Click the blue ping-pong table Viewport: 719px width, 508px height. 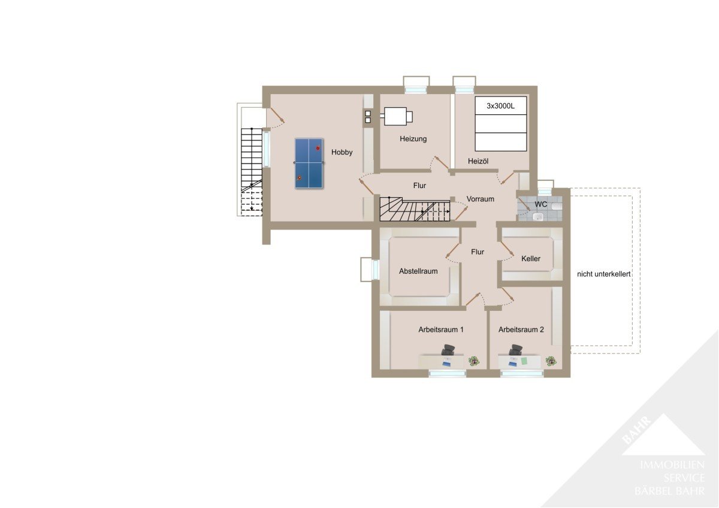pyautogui.click(x=309, y=164)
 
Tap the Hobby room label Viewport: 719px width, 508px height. pyautogui.click(x=342, y=152)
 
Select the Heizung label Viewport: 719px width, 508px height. pyautogui.click(x=413, y=139)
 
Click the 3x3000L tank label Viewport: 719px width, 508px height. pyautogui.click(x=500, y=106)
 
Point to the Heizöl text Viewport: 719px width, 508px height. pyautogui.click(x=478, y=161)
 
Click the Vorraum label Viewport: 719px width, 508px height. pyautogui.click(x=480, y=199)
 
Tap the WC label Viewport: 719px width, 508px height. pyautogui.click(x=541, y=204)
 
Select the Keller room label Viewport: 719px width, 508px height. pyautogui.click(x=531, y=259)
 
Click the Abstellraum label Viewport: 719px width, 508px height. pyautogui.click(x=418, y=271)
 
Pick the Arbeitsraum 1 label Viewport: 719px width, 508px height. pyautogui.click(x=441, y=329)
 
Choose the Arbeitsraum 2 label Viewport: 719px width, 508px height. pyautogui.click(x=521, y=329)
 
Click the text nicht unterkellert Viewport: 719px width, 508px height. pyautogui.click(x=604, y=274)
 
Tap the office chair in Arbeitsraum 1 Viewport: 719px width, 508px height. pyautogui.click(x=448, y=349)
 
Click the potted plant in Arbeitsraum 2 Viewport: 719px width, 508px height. pyautogui.click(x=551, y=361)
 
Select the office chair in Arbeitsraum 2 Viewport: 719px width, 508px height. pyautogui.click(x=515, y=349)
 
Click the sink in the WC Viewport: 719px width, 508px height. pyautogui.click(x=538, y=217)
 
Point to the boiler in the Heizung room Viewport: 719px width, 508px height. pyautogui.click(x=398, y=116)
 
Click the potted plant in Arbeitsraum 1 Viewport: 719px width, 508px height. pyautogui.click(x=474, y=361)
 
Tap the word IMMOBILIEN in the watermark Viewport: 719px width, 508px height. pyautogui.click(x=672, y=465)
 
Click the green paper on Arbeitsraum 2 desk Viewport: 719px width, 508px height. pyautogui.click(x=524, y=361)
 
